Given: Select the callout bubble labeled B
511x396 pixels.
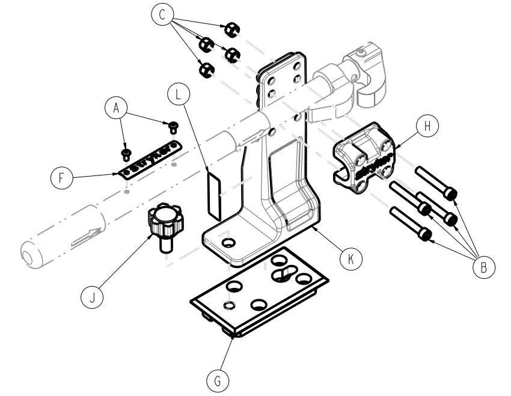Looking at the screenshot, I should click(x=483, y=267).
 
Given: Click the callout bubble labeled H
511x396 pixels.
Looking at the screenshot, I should click(x=427, y=126).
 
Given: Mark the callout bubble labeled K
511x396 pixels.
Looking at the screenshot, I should click(x=351, y=258).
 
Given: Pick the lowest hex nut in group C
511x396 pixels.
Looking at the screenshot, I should click(x=206, y=69).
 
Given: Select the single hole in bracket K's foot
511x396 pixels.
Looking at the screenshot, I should click(x=227, y=242).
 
